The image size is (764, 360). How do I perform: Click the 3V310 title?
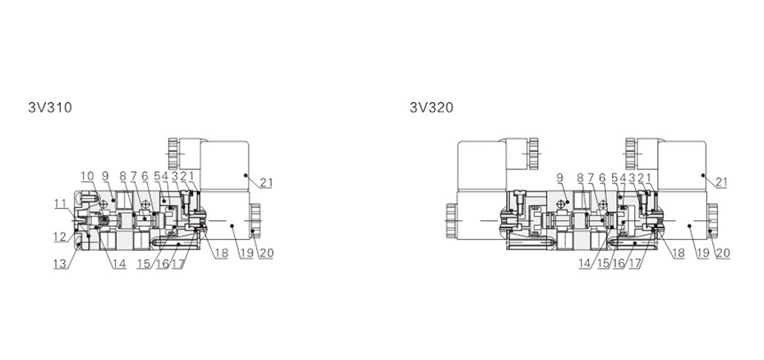[49, 108]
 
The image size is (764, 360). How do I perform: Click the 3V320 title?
[431, 108]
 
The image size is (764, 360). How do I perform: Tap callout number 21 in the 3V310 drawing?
[266, 182]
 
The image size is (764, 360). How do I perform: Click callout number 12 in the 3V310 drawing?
[59, 237]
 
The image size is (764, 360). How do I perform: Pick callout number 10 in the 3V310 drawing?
[87, 176]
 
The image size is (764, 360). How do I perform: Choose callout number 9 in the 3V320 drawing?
[559, 178]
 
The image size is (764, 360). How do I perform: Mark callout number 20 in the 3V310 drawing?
[266, 252]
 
